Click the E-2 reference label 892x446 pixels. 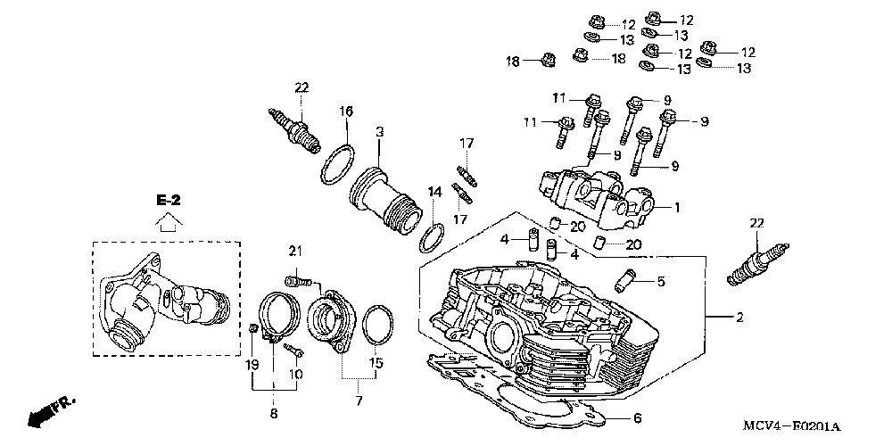pyautogui.click(x=169, y=201)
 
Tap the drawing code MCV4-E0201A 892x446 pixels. pyautogui.click(x=791, y=426)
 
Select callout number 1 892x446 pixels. pyautogui.click(x=677, y=208)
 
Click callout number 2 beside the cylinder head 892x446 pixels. pyautogui.click(x=739, y=318)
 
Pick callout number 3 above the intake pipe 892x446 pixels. pyautogui.click(x=379, y=131)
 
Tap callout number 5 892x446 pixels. pyautogui.click(x=660, y=281)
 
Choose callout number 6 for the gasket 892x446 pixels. pyautogui.click(x=637, y=419)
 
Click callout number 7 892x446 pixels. pyautogui.click(x=359, y=401)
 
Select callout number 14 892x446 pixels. pyautogui.click(x=434, y=193)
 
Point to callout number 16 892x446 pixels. pyautogui.click(x=346, y=111)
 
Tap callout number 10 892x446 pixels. pyautogui.click(x=296, y=375)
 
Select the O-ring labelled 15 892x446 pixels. pyautogui.click(x=377, y=325)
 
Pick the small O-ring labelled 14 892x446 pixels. pyautogui.click(x=432, y=238)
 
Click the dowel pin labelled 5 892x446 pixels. pyautogui.click(x=624, y=281)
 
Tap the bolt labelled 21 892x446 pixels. pyautogui.click(x=298, y=280)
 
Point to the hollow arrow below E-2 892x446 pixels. pyautogui.click(x=169, y=221)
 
